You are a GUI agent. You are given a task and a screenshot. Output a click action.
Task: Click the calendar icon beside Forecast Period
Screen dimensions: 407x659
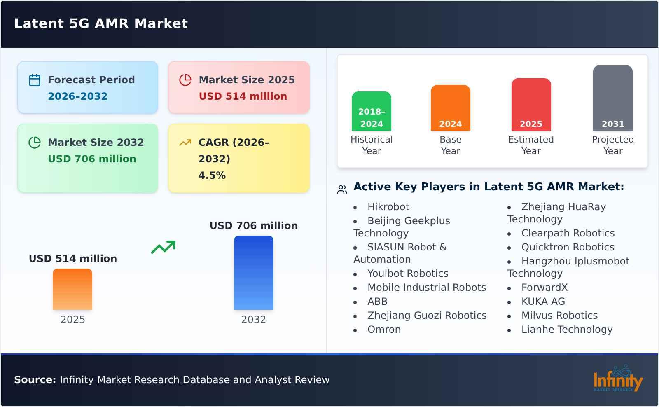click(35, 80)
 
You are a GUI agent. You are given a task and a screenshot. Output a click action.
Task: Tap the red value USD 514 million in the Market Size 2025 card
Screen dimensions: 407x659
click(243, 96)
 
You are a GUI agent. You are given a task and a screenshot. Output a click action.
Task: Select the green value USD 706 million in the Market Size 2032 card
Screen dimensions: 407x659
click(92, 159)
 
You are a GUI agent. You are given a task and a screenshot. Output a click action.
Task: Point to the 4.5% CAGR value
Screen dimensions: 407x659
click(212, 175)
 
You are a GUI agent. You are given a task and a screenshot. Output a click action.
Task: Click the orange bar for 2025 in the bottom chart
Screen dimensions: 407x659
click(72, 289)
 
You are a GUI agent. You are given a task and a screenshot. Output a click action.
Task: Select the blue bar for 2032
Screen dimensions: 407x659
click(254, 273)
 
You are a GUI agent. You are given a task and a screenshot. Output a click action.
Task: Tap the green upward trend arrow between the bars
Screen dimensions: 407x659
click(163, 247)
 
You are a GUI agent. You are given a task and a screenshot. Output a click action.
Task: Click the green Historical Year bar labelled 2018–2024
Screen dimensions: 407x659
click(372, 111)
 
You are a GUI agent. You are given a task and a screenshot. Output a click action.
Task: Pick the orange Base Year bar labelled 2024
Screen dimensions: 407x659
click(451, 108)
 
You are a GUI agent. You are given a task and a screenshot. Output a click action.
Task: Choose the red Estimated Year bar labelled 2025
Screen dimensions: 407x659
click(531, 105)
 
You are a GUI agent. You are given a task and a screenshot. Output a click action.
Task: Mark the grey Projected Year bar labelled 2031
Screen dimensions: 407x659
click(612, 98)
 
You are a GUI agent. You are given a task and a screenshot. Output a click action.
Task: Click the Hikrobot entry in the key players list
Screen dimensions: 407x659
click(388, 207)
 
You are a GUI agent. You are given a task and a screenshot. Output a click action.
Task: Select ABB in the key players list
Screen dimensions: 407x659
click(377, 302)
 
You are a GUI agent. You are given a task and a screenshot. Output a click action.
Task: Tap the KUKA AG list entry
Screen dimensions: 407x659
click(543, 302)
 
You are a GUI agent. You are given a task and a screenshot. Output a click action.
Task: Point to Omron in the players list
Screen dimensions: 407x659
click(384, 330)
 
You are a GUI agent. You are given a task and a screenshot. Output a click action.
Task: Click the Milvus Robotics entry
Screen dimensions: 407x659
click(559, 316)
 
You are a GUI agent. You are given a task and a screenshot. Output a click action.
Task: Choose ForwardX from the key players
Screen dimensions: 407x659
click(544, 288)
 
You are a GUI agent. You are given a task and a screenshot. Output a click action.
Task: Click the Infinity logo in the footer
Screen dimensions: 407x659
click(617, 379)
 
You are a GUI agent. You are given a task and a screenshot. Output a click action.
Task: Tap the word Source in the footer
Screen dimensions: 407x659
click(35, 380)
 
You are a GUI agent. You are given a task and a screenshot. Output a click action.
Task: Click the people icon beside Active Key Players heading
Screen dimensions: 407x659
click(342, 189)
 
